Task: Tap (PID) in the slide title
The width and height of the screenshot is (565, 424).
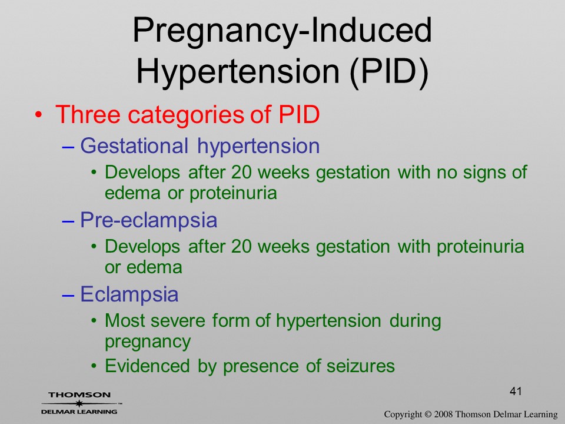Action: pyautogui.click(x=389, y=71)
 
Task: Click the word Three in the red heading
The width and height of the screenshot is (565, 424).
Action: pyautogui.click(x=88, y=115)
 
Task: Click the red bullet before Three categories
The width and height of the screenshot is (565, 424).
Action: pyautogui.click(x=39, y=115)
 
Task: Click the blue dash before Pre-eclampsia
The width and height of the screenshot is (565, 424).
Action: pyautogui.click(x=68, y=220)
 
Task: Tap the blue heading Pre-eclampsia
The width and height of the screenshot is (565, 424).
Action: pyautogui.click(x=148, y=220)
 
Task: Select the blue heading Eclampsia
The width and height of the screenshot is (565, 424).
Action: pyautogui.click(x=129, y=294)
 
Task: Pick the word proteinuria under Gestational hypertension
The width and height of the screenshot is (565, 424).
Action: pyautogui.click(x=233, y=194)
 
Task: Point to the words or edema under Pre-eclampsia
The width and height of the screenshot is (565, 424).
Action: pyautogui.click(x=144, y=267)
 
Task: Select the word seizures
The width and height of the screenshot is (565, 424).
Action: pyautogui.click(x=361, y=366)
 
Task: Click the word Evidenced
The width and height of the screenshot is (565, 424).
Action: pyautogui.click(x=147, y=366)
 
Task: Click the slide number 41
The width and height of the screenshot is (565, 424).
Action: pyautogui.click(x=516, y=391)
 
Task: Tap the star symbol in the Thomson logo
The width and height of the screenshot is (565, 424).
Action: pyautogui.click(x=78, y=403)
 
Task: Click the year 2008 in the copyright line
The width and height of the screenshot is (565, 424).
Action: pyautogui.click(x=443, y=414)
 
